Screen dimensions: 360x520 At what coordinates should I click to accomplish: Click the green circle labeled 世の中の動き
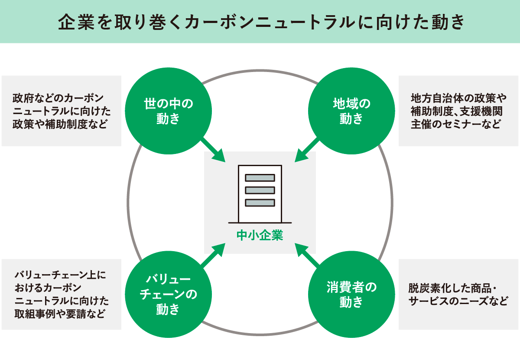coord(168,111)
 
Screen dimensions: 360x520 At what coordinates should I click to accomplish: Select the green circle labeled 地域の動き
coord(351,111)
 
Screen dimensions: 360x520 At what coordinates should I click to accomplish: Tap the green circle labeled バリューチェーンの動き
coord(168,294)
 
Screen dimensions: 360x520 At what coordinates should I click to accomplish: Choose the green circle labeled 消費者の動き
coord(351,294)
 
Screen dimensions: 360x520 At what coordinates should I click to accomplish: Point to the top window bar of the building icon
coord(260,177)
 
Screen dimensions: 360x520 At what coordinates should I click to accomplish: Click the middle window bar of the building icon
coord(260,190)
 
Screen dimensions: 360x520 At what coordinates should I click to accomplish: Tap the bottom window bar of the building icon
coord(260,203)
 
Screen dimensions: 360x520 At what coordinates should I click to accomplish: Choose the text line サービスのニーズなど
coord(458,301)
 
